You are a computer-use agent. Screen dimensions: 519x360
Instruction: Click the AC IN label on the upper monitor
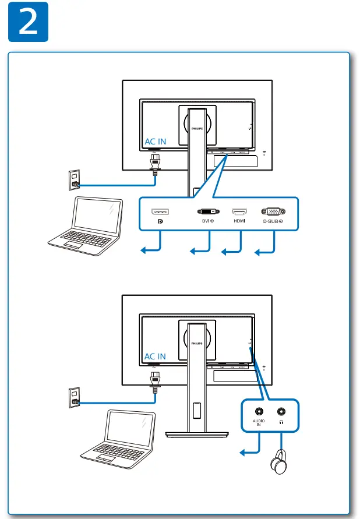[155, 142]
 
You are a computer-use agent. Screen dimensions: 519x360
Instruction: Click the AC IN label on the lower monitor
[155, 356]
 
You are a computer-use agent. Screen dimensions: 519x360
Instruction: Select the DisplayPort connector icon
[161, 211]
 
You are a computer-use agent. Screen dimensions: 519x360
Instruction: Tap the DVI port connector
[208, 211]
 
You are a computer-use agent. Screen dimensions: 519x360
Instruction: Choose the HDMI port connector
[239, 211]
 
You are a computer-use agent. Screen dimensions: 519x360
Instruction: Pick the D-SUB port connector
[273, 211]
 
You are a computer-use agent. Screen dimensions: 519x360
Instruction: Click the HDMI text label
[239, 221]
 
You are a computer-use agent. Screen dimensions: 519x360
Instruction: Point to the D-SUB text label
[272, 221]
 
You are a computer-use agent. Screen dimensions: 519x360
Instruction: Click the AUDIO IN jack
[258, 411]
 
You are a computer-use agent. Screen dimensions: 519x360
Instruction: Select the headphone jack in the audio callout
[282, 411]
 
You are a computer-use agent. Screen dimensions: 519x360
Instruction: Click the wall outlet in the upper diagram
[74, 181]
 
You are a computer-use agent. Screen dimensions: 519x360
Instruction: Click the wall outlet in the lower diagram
[74, 397]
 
